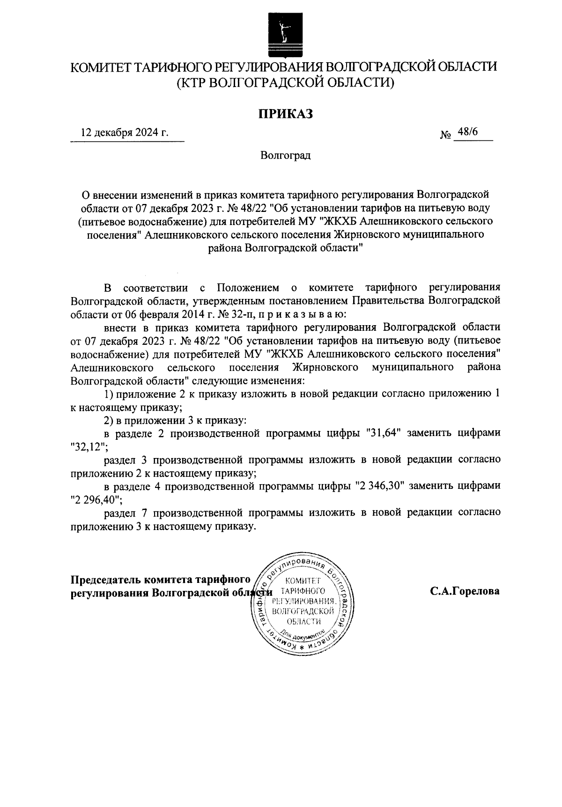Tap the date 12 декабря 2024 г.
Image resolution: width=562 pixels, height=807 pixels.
point(125,132)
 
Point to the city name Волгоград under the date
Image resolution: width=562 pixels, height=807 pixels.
point(286,155)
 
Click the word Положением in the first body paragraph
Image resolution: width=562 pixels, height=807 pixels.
point(248,287)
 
